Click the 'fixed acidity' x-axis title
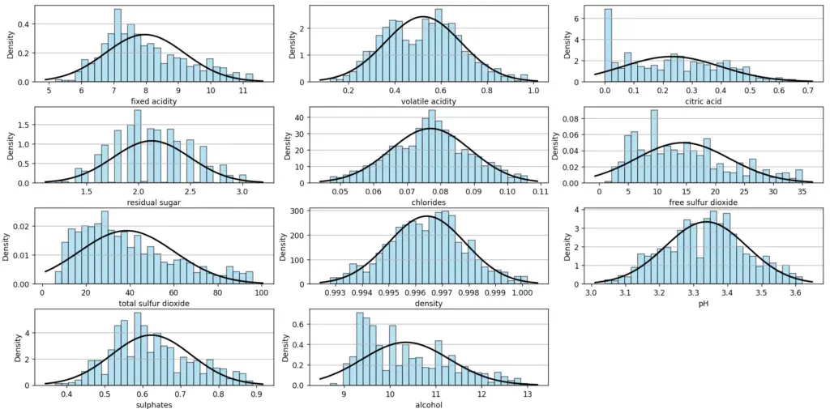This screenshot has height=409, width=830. pos(154,101)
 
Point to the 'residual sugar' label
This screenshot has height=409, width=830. pos(154,202)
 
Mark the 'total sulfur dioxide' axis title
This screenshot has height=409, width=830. pos(154,304)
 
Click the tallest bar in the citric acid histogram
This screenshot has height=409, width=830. pos(608,45)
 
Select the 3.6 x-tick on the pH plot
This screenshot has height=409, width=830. pos(794,293)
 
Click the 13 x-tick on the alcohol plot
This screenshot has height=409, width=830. pos(527,394)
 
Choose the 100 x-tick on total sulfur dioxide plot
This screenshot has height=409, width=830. pos(261,293)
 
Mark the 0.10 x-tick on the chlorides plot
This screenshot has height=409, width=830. pos(507,193)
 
